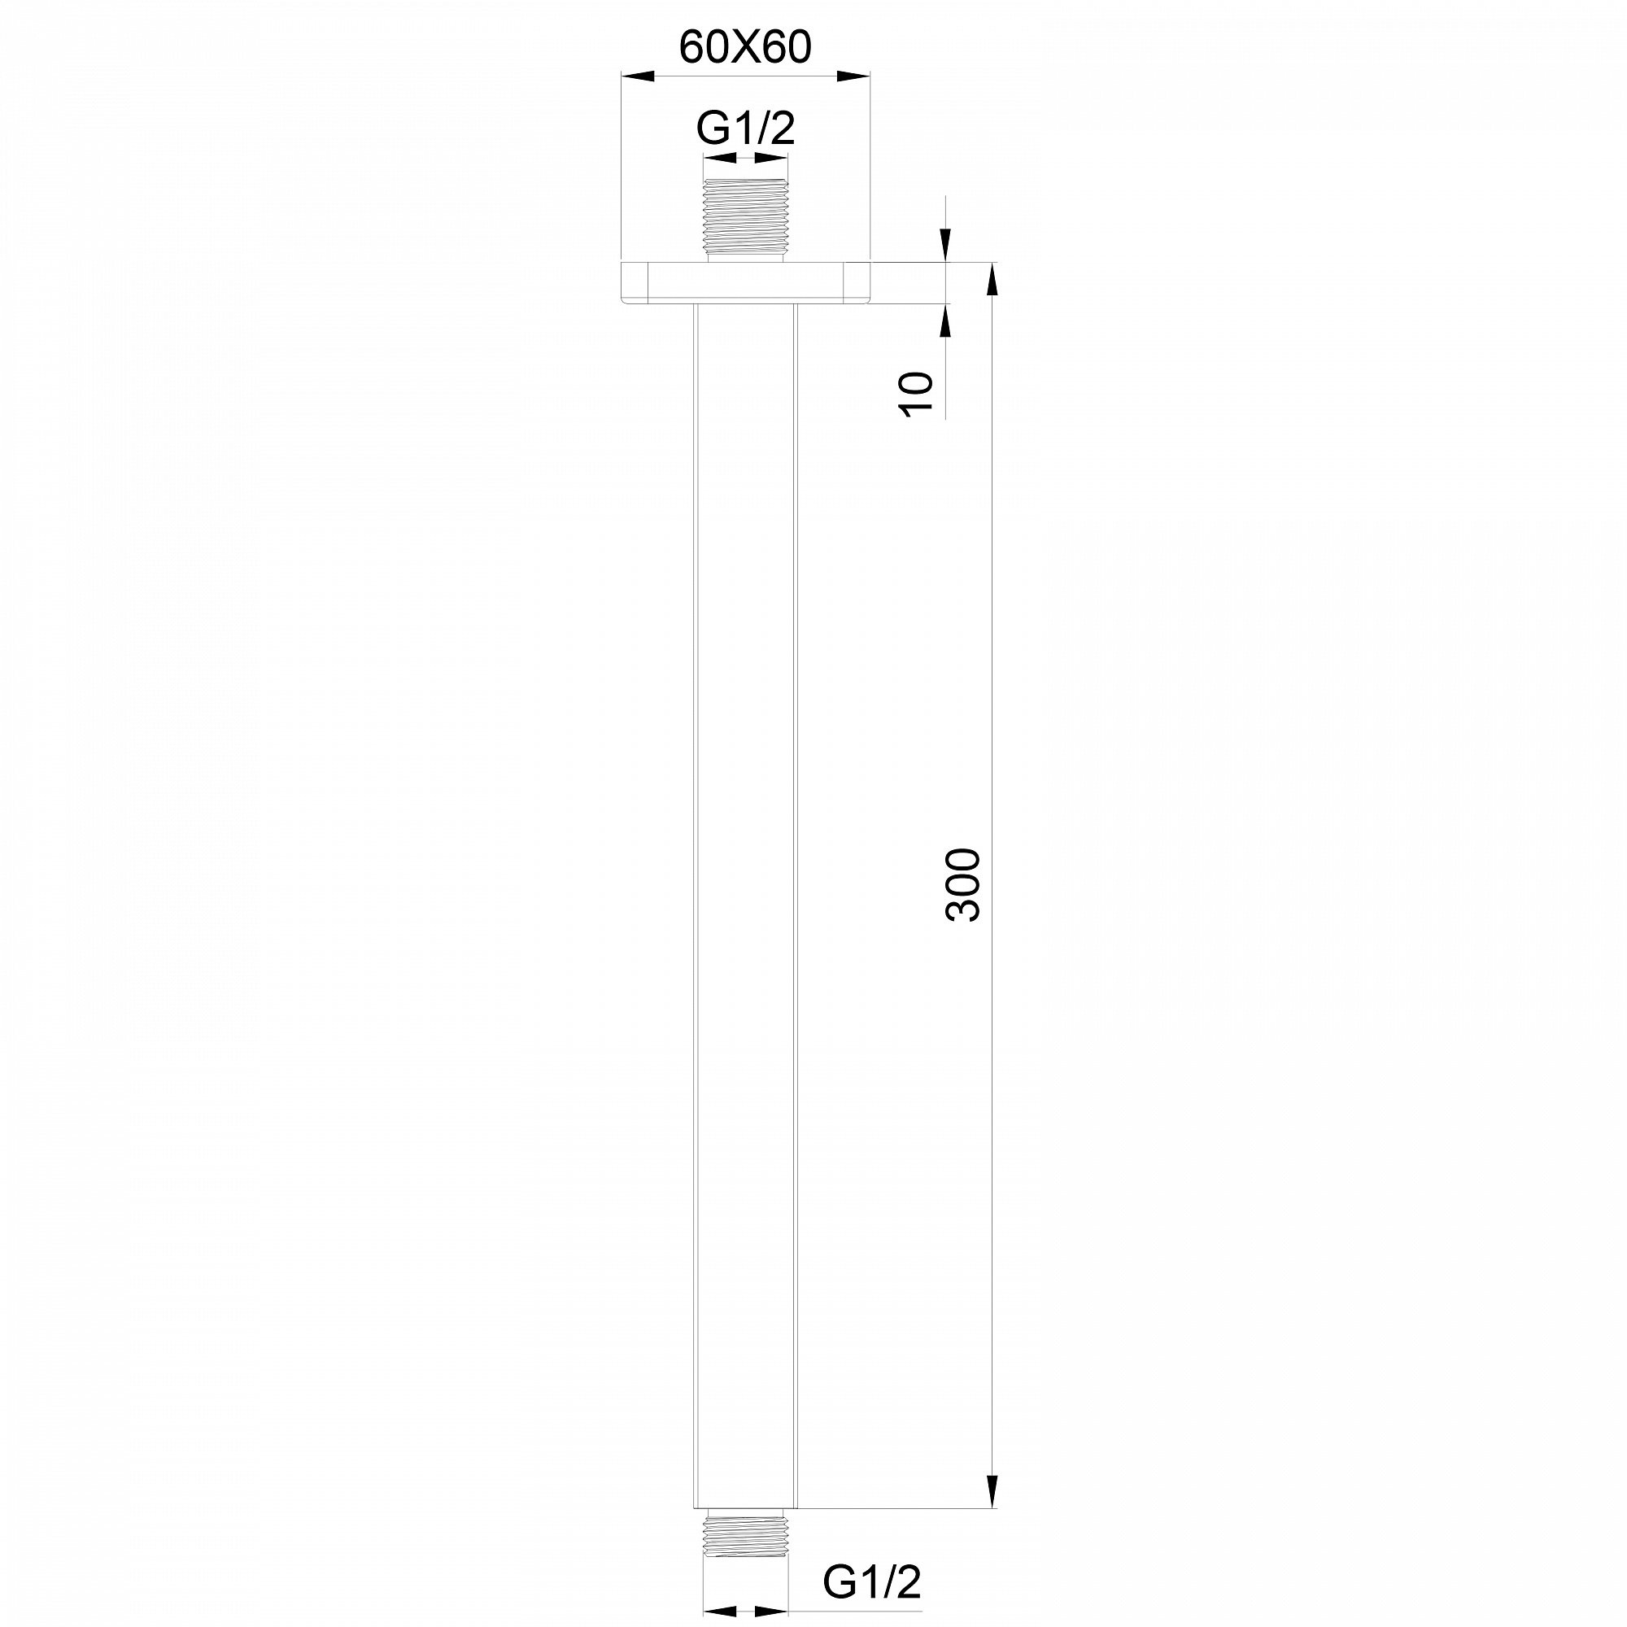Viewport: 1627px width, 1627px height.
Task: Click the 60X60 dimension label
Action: (745, 48)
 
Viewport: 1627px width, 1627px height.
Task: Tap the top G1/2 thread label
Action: (746, 129)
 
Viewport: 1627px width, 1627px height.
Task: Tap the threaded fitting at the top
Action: (746, 220)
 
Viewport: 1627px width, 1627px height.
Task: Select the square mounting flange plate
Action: (745, 283)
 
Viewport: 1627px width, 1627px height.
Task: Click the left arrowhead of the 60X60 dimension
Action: (638, 76)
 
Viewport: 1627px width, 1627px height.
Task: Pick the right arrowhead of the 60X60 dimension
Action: (853, 76)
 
